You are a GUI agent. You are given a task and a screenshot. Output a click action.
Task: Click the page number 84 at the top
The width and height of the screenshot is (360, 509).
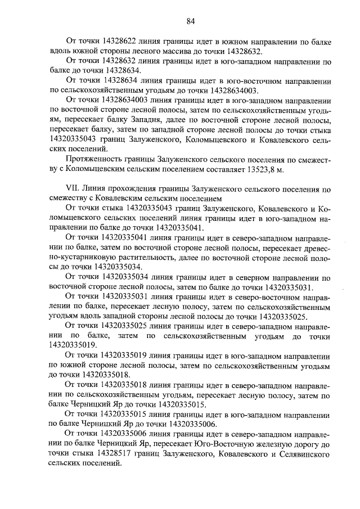(190, 21)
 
